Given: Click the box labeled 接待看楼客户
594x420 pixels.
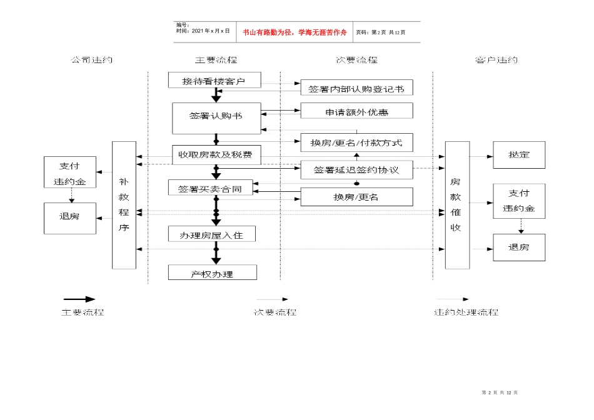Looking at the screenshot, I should pyautogui.click(x=213, y=81).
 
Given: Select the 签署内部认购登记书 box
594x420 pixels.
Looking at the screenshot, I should pyautogui.click(x=356, y=88).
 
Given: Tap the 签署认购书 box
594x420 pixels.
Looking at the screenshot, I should pyautogui.click(x=216, y=117).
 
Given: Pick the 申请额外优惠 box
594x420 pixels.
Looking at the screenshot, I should pyautogui.click(x=356, y=111).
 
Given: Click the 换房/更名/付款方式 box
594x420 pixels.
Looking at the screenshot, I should pyautogui.click(x=356, y=142).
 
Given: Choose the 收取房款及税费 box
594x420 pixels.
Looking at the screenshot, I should pyautogui.click(x=216, y=154).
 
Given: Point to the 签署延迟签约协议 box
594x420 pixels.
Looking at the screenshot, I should pyautogui.click(x=356, y=169).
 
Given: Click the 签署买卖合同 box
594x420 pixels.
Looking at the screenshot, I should pyautogui.click(x=209, y=188).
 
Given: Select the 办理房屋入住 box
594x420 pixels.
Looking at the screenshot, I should pyautogui.click(x=212, y=234).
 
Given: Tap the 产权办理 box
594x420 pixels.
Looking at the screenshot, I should pyautogui.click(x=212, y=273).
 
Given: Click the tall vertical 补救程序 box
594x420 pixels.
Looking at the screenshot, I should pyautogui.click(x=124, y=205).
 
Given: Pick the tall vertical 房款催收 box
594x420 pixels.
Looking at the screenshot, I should pyautogui.click(x=457, y=205).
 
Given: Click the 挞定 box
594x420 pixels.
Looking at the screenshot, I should pyautogui.click(x=518, y=154).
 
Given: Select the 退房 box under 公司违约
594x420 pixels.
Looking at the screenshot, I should pyautogui.click(x=70, y=217).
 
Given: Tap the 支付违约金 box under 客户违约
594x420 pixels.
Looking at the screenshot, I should pyautogui.click(x=518, y=201).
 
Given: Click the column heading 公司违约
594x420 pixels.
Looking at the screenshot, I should pyautogui.click(x=91, y=60).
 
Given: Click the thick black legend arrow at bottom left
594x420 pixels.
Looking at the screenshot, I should pyautogui.click(x=79, y=299).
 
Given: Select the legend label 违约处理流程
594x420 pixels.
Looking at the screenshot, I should pyautogui.click(x=466, y=312).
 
